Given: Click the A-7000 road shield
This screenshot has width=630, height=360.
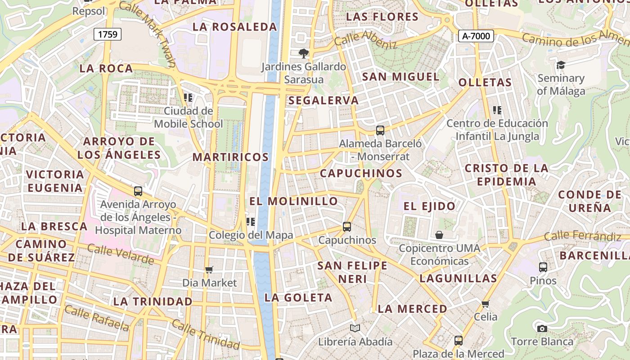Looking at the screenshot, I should (476, 36).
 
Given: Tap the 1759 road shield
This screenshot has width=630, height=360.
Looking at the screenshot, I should (108, 34).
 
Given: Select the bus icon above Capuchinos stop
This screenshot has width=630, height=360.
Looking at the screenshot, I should (346, 227).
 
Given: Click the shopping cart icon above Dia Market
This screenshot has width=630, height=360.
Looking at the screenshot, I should (209, 270).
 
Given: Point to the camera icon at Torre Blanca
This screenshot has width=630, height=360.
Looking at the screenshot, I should (542, 328).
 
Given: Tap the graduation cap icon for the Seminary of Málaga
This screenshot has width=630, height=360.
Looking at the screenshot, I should (561, 65).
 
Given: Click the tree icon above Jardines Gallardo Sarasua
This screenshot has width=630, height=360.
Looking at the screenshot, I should (304, 54).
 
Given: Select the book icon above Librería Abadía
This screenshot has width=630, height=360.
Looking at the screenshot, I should (355, 328).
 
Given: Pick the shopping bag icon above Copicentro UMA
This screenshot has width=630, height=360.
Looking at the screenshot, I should (439, 235).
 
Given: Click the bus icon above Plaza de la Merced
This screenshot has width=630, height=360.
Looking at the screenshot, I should (459, 341).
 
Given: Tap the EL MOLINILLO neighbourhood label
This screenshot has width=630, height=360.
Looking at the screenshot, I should (294, 201).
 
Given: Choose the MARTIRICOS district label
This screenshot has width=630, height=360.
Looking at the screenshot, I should (230, 157).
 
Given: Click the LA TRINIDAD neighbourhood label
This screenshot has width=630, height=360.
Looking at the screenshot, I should (153, 301).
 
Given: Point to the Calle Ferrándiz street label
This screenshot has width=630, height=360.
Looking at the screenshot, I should (582, 236).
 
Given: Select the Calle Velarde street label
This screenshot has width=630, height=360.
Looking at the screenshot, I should (120, 254).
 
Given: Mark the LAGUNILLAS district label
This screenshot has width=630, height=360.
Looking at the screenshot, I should (458, 278).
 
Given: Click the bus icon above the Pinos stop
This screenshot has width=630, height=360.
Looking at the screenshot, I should (543, 267).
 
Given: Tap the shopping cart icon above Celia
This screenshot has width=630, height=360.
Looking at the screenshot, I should (486, 304).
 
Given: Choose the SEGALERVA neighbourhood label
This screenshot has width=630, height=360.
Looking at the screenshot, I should (324, 100).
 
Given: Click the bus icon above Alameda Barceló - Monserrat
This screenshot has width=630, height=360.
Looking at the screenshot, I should (380, 130).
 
